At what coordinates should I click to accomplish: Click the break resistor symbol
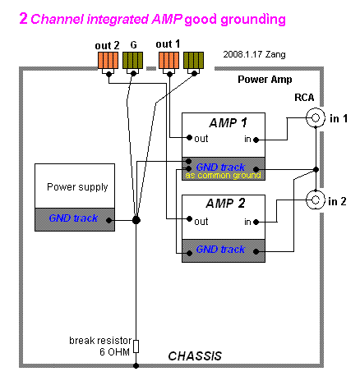(x=136, y=346)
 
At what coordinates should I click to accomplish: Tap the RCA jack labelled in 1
(x=316, y=117)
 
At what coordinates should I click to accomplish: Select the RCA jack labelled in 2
(x=316, y=200)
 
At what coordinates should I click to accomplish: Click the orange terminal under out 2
(x=108, y=60)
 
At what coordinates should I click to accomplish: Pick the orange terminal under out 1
(x=169, y=60)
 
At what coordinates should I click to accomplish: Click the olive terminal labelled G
(x=132, y=60)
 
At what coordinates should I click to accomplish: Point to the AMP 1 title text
(x=228, y=123)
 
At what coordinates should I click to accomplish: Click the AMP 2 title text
(x=225, y=204)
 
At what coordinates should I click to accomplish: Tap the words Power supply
(x=77, y=187)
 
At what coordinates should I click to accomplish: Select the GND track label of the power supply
(x=73, y=218)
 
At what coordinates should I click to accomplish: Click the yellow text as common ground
(x=223, y=175)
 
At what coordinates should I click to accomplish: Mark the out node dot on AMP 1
(x=189, y=137)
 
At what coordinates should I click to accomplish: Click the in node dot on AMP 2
(x=256, y=222)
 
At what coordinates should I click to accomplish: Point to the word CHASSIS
(x=195, y=356)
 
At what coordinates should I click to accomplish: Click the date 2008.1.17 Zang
(x=254, y=54)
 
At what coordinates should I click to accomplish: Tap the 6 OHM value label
(x=114, y=352)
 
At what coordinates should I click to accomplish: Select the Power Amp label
(x=265, y=80)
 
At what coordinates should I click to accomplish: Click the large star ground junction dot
(x=136, y=220)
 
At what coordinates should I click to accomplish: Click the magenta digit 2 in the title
(x=24, y=19)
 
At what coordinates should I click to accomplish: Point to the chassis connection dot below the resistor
(x=136, y=365)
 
